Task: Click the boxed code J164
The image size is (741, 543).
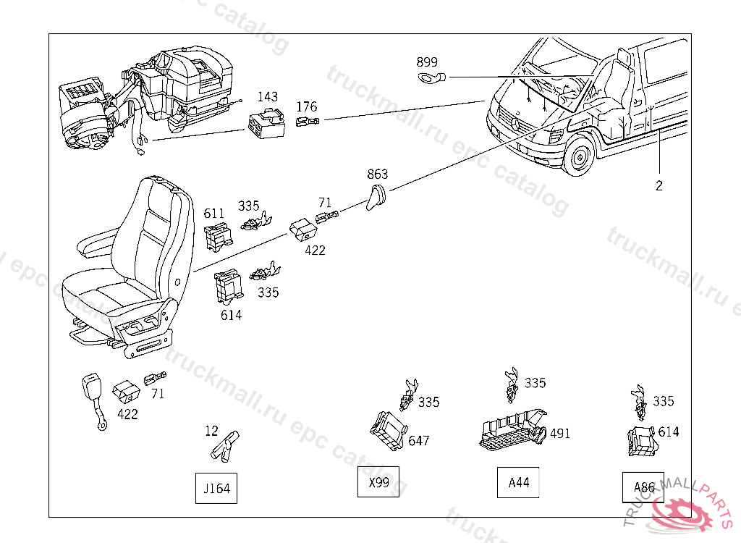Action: click(x=216, y=489)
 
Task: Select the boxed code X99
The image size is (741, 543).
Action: click(x=378, y=482)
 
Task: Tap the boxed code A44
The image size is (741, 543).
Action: click(x=519, y=483)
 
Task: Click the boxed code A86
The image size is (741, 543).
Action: click(x=644, y=487)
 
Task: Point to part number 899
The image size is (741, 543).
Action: click(x=426, y=62)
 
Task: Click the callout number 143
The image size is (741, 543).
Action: click(x=268, y=96)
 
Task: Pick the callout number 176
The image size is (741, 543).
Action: click(x=307, y=107)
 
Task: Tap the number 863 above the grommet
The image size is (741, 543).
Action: click(x=377, y=174)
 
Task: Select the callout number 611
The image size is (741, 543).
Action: click(x=214, y=213)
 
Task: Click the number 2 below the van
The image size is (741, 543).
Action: click(x=659, y=185)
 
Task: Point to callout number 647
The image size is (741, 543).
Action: click(x=419, y=440)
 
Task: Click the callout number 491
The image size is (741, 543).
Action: click(x=559, y=434)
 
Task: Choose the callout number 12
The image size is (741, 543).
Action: click(x=211, y=431)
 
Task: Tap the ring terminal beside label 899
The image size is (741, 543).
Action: click(x=432, y=77)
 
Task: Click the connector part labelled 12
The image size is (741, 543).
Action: click(x=226, y=445)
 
